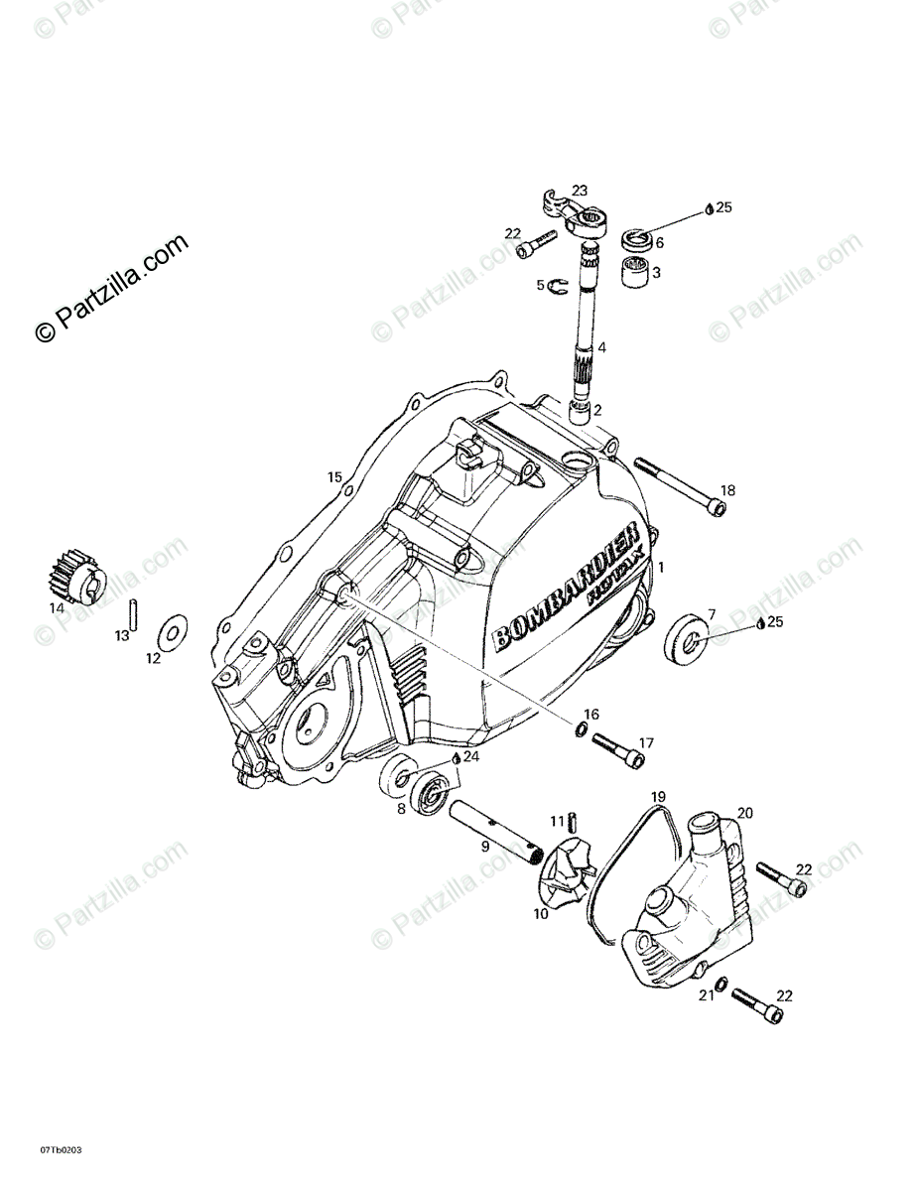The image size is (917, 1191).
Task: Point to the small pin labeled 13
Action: [x=132, y=610]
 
